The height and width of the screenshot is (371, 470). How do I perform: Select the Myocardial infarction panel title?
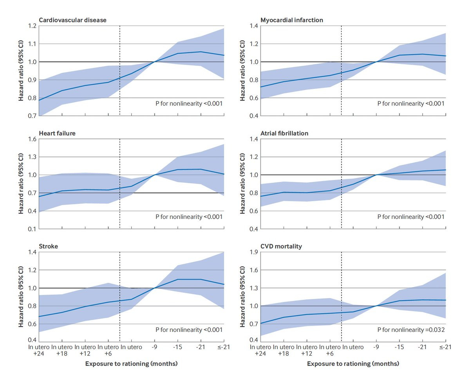coord(292,20)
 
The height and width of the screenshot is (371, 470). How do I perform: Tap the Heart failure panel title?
coord(57,133)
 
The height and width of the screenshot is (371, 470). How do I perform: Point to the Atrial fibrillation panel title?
coord(285,133)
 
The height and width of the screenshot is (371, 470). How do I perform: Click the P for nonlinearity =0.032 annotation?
coord(411,330)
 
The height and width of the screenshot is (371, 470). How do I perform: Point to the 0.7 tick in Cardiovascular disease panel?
coord(32,116)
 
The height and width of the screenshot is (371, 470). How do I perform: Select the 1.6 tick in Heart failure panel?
coord(32,139)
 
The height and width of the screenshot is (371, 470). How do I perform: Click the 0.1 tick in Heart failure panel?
coord(32,229)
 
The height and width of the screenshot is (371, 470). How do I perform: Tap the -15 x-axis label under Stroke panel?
coord(178,347)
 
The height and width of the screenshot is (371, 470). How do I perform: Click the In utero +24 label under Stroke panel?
coord(39,350)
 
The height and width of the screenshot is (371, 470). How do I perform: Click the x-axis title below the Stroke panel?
coord(132,364)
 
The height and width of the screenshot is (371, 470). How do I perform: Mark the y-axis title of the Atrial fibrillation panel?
coord(242,184)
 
